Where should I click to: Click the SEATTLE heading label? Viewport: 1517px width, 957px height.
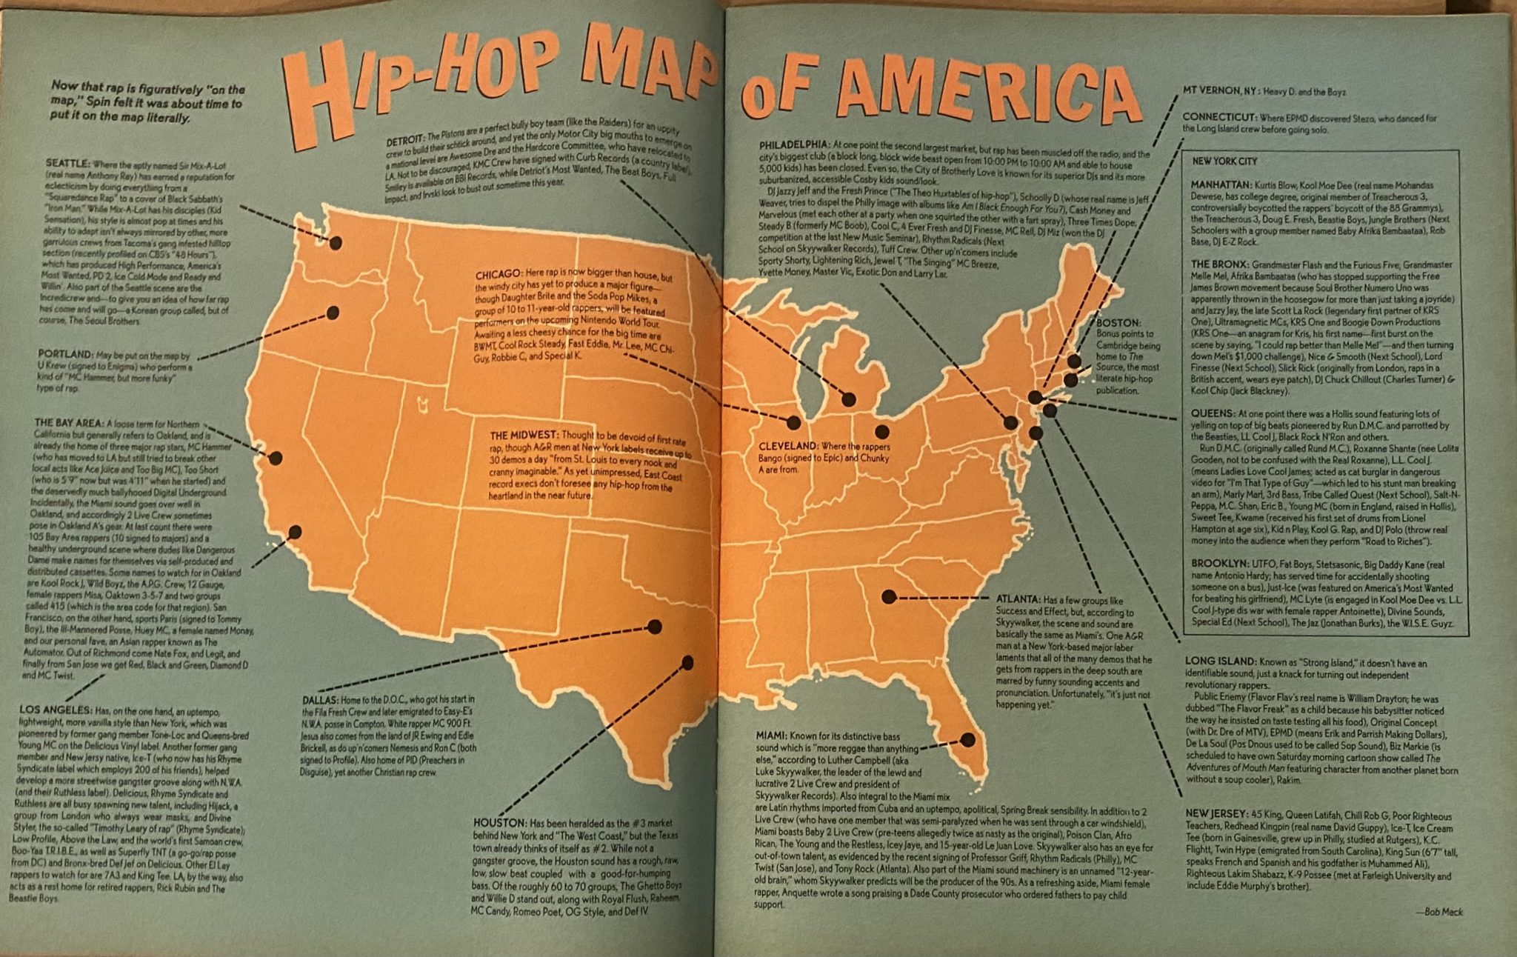click(67, 164)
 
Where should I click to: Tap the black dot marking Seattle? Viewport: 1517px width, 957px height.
click(336, 242)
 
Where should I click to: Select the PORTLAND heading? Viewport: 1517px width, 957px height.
click(65, 354)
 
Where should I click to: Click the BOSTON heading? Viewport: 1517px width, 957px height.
click(1118, 323)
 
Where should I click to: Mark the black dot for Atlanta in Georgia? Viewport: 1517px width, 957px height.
click(889, 596)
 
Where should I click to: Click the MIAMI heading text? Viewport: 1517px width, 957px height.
click(770, 736)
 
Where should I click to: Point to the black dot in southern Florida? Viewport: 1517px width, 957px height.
click(967, 739)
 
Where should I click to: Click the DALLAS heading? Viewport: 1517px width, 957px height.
click(320, 699)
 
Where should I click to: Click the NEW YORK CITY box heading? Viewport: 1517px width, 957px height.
click(1224, 161)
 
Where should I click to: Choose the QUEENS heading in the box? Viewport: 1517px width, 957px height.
click(1211, 413)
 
